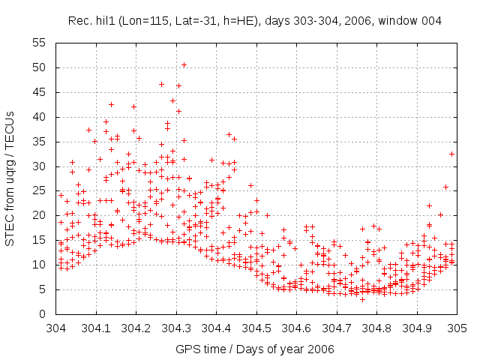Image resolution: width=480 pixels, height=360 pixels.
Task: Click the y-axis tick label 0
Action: click(x=43, y=314)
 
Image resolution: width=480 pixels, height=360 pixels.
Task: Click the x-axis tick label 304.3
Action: click(x=176, y=328)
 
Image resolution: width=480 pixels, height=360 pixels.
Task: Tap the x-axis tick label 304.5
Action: click(x=256, y=328)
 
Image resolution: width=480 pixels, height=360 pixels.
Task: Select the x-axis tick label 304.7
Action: click(x=337, y=328)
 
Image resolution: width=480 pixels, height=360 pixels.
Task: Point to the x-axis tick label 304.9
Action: click(x=417, y=328)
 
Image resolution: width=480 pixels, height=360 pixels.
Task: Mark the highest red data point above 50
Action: click(x=184, y=64)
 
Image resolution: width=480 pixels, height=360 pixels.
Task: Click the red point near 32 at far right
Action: click(x=452, y=154)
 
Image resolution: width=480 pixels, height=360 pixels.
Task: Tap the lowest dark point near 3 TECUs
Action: click(x=362, y=299)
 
